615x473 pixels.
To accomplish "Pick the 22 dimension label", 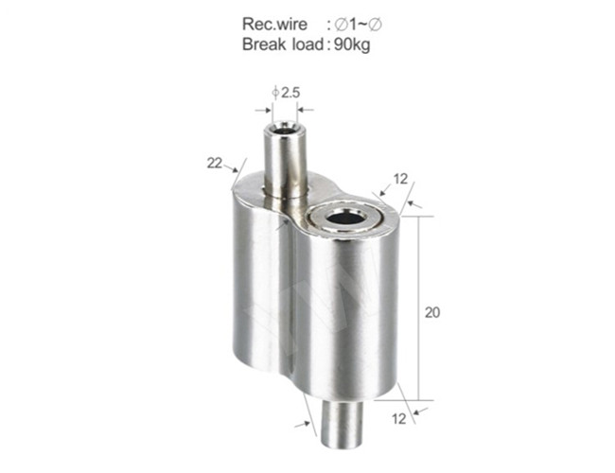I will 214,163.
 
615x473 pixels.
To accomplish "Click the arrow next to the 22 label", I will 230,169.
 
